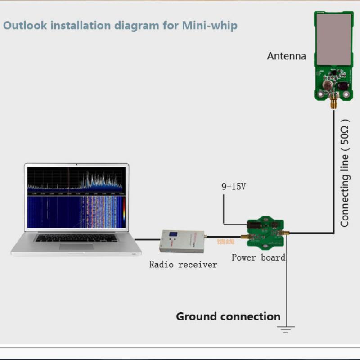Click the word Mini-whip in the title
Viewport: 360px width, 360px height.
(209, 25)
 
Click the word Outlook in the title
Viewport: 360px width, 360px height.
(25, 25)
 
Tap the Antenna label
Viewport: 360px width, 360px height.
(286, 56)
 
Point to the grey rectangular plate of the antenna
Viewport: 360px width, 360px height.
(333, 38)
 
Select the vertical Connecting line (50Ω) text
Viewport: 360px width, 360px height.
(345, 173)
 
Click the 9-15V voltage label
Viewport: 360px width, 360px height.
(234, 186)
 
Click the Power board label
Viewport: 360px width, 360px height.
(258, 257)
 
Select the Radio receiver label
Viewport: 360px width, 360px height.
(183, 265)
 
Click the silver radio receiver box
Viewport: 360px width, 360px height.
(182, 241)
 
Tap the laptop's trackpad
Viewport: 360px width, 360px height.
(76, 247)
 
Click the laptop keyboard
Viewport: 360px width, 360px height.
(76, 238)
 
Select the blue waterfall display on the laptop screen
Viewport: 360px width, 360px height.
(74, 211)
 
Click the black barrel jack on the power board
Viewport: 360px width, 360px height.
(255, 224)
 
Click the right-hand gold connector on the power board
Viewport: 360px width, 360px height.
(284, 233)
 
